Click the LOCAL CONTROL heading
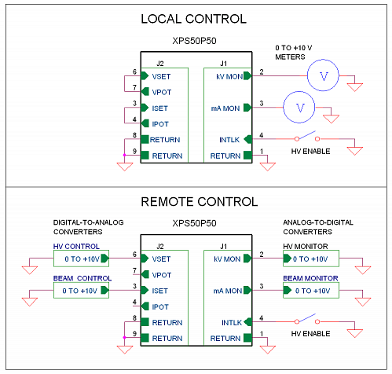point(193,19)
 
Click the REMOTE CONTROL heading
point(200,202)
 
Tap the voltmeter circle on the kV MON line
point(323,60)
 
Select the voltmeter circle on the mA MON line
point(299,92)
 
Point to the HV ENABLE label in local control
point(310,152)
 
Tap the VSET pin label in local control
point(161,76)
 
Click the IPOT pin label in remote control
point(160,306)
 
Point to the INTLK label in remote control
point(232,323)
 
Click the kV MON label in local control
point(229,76)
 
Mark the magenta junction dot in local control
point(124,156)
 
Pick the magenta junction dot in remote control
point(124,338)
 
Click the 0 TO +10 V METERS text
point(293,53)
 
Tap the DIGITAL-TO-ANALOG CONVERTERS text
point(88,227)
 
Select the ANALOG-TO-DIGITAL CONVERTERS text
point(318,227)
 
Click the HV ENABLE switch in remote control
point(307,319)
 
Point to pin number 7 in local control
point(134,87)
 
